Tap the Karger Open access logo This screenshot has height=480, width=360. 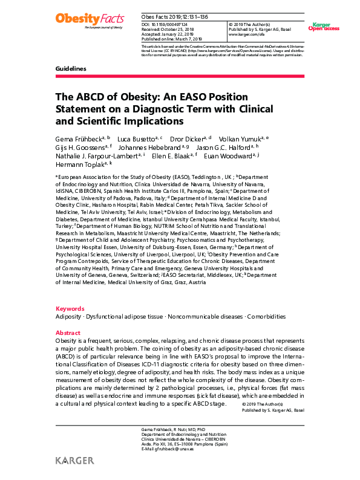click(x=324, y=27)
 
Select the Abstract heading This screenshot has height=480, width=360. click(x=68, y=333)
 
